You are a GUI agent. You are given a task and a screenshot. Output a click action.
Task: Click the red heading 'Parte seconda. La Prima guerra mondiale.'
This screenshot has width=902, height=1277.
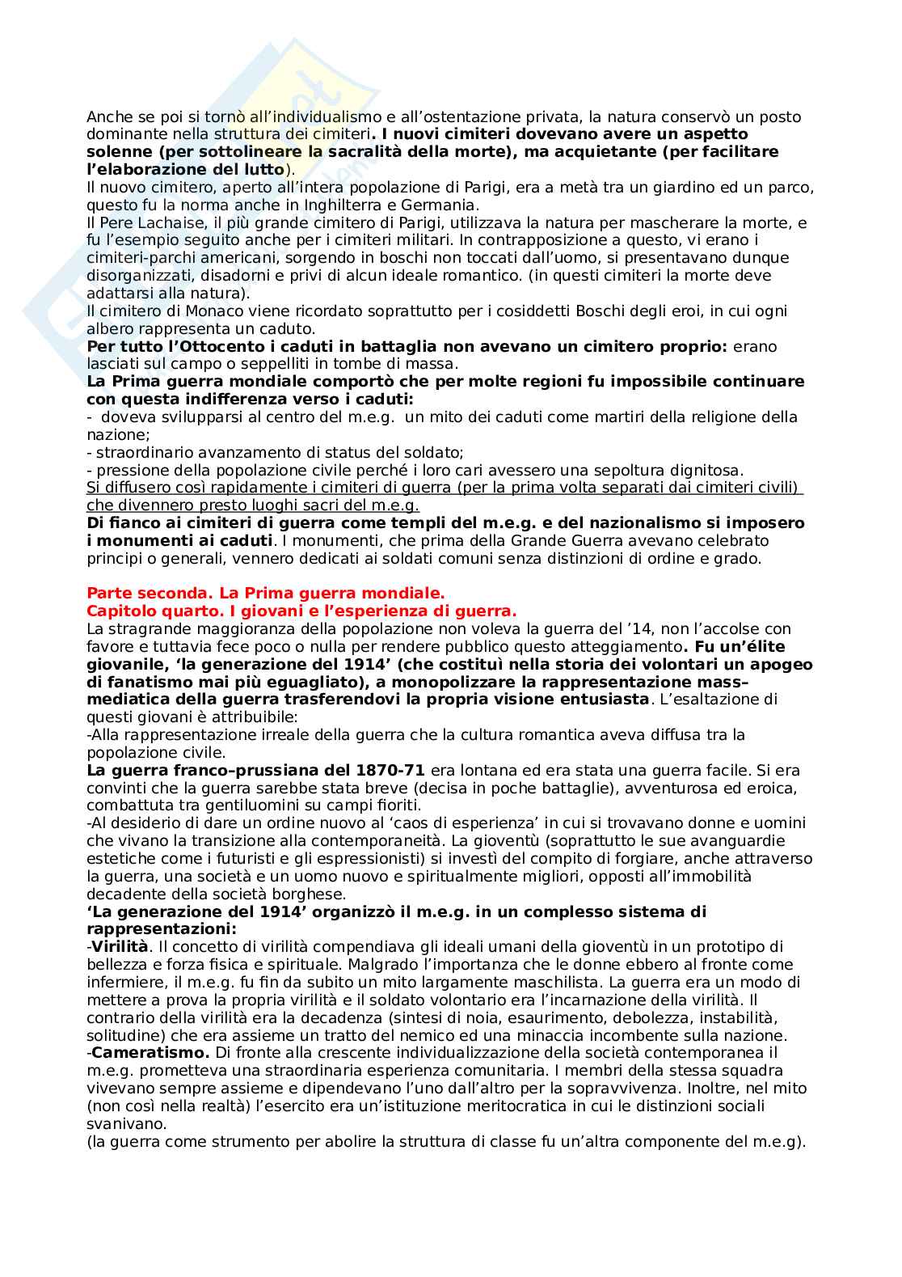pyautogui.click(x=265, y=594)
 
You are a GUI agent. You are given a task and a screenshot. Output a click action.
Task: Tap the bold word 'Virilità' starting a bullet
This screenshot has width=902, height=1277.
pyautogui.click(x=120, y=947)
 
